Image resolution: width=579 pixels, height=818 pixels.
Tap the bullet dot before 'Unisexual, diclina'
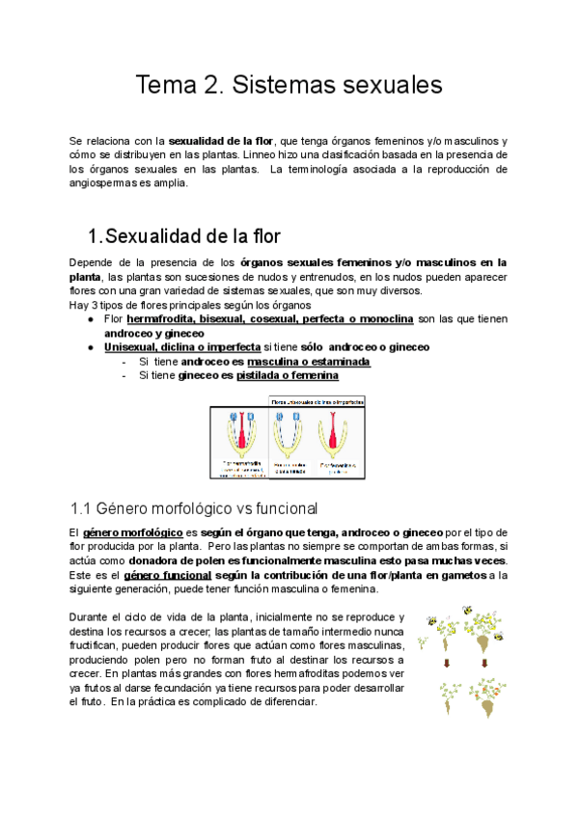click(91, 346)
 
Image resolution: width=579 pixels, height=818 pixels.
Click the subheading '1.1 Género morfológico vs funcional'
click(194, 507)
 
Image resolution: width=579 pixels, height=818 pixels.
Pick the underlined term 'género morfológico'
click(133, 532)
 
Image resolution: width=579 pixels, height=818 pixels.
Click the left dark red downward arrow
click(448, 663)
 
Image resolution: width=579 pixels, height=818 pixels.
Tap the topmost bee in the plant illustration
click(467, 610)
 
